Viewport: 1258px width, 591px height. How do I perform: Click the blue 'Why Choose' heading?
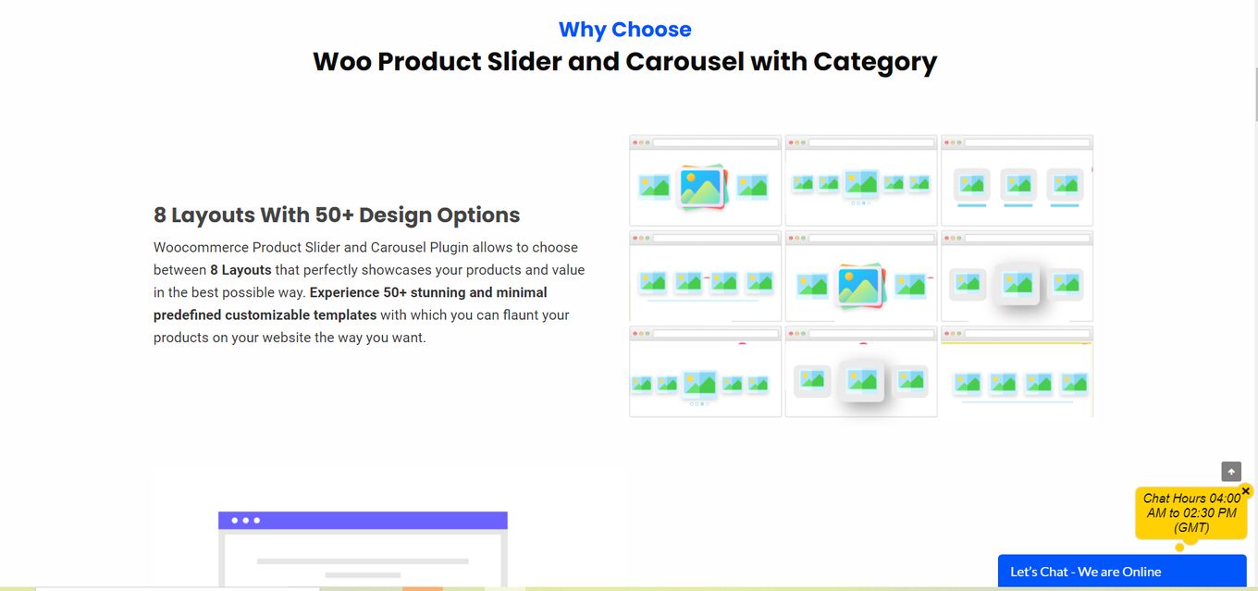point(624,30)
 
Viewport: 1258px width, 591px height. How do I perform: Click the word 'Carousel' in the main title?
point(684,61)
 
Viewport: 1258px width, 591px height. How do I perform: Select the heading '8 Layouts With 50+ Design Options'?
point(337,215)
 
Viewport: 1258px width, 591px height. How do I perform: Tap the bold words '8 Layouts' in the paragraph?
point(240,270)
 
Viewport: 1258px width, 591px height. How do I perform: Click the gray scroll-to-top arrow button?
point(1231,472)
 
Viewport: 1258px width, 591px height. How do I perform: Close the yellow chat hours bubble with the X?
point(1246,491)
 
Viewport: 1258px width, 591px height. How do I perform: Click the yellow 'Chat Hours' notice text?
point(1191,513)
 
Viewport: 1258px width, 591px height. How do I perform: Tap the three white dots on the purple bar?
point(245,521)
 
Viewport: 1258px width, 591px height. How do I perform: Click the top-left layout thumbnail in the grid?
point(706,180)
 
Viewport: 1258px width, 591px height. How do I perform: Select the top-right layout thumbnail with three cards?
point(1017,180)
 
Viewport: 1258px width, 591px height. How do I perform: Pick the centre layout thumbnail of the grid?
point(861,276)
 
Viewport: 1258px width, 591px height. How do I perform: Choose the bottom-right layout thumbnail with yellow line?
point(1017,372)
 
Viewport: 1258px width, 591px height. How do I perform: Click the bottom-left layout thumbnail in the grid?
point(706,372)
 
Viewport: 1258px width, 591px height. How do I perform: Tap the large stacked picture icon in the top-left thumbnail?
point(703,187)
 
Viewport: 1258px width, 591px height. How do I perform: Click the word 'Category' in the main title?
point(875,61)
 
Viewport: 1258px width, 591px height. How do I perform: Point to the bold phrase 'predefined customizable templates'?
point(265,315)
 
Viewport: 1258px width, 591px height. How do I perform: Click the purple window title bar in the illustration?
point(363,520)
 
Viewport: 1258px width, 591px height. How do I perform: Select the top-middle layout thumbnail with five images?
point(861,180)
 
